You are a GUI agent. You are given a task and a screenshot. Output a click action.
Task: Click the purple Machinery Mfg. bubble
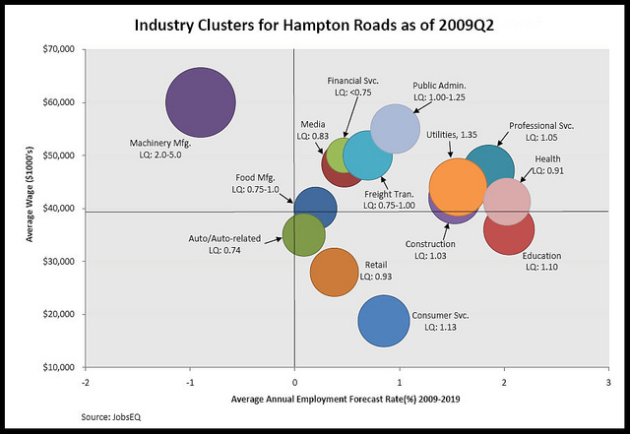[201, 101]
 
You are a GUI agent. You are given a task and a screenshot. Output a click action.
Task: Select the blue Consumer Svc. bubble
[384, 318]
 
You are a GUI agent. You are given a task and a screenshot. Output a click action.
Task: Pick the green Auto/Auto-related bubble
[303, 234]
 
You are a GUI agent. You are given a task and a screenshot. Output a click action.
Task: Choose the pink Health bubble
[508, 201]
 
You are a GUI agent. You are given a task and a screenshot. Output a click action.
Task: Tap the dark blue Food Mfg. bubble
[315, 207]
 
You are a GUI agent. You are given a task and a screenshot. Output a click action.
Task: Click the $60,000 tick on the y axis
[63, 102]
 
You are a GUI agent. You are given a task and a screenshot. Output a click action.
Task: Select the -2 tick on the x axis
[87, 382]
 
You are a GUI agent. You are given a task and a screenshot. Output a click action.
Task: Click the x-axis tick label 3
[608, 382]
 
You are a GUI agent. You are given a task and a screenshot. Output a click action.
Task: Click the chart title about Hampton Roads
[315, 26]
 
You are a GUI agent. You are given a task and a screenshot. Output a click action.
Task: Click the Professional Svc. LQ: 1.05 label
[540, 132]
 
